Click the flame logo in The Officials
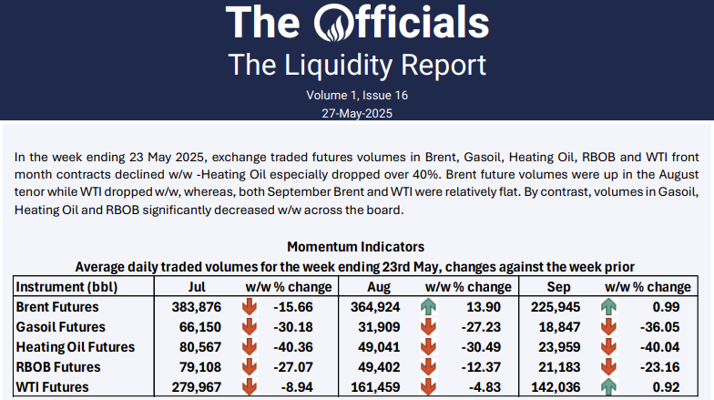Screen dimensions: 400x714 (342, 22)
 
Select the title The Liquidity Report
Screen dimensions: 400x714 (356, 65)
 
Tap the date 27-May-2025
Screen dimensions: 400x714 (356, 112)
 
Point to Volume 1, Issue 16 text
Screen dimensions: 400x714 (356, 95)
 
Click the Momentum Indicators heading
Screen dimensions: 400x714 (355, 247)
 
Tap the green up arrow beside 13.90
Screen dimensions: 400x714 (429, 305)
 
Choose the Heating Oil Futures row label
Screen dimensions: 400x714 (76, 347)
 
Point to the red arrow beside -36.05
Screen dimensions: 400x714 (605, 326)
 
